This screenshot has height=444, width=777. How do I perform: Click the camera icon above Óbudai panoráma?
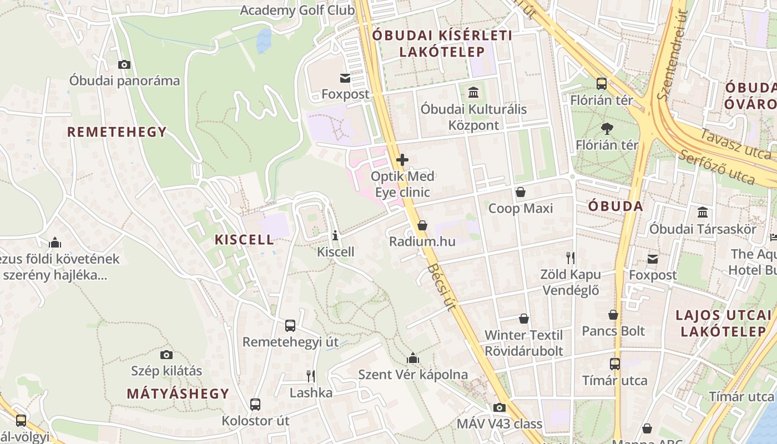tap(124, 64)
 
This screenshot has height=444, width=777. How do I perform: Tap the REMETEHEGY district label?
tap(117, 132)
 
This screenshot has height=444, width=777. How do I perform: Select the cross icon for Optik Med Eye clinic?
tap(402, 160)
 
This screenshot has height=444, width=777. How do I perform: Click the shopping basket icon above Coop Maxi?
tap(520, 193)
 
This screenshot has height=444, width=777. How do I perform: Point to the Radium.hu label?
tap(422, 241)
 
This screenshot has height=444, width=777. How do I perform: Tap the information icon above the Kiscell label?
tap(335, 235)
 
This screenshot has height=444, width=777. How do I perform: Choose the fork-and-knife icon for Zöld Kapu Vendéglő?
tap(570, 258)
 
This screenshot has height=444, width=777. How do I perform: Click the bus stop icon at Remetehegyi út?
tap(290, 326)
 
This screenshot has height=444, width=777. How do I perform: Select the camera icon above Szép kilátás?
tap(166, 355)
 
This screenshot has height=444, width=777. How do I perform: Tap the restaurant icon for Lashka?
tap(311, 376)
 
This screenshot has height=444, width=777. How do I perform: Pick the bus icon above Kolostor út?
tap(255, 405)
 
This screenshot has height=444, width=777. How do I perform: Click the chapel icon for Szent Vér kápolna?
tap(412, 358)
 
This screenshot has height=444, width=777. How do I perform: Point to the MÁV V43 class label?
tap(499, 424)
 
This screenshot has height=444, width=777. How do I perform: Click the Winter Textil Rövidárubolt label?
tap(523, 343)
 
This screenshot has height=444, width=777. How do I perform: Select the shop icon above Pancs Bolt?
tap(613, 315)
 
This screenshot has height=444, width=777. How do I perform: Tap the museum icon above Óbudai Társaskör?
tap(703, 213)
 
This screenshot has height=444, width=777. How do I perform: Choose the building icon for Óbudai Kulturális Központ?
tap(473, 92)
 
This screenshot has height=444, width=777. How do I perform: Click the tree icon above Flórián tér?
tap(607, 129)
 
